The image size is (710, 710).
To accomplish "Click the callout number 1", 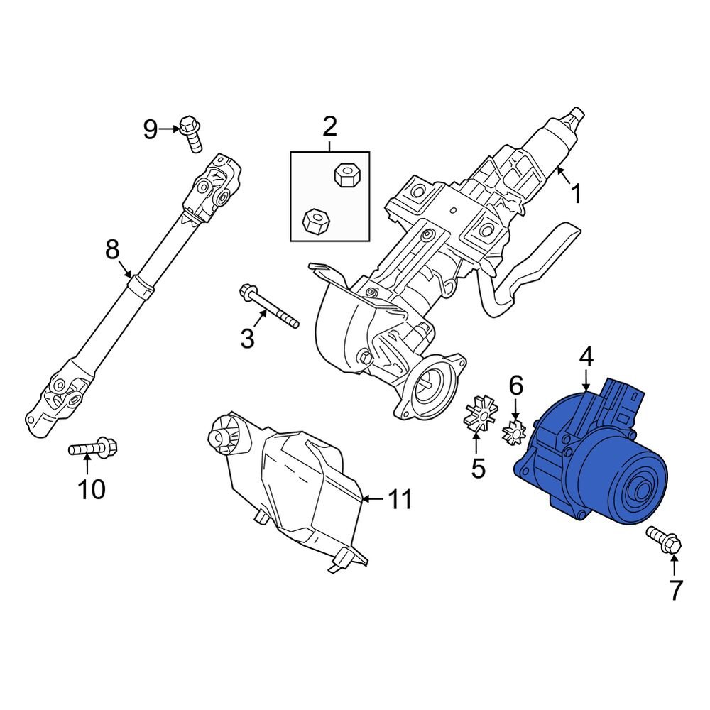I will tap(577, 193).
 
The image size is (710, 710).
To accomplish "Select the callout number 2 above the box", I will tap(329, 127).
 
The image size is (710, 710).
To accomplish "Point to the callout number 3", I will tap(246, 339).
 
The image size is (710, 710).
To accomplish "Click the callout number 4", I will tap(586, 357).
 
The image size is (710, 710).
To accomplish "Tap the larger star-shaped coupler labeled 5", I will tap(481, 416).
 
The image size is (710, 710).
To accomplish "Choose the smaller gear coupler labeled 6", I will tap(514, 430).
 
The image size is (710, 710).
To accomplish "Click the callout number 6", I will tap(515, 386).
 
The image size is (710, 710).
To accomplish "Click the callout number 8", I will tap(112, 249).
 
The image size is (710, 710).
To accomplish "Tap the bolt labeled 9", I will tap(191, 133).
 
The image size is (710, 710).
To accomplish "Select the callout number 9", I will tap(150, 129).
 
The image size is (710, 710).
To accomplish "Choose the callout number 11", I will tap(399, 500).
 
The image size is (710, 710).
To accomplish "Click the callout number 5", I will tap(477, 468).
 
